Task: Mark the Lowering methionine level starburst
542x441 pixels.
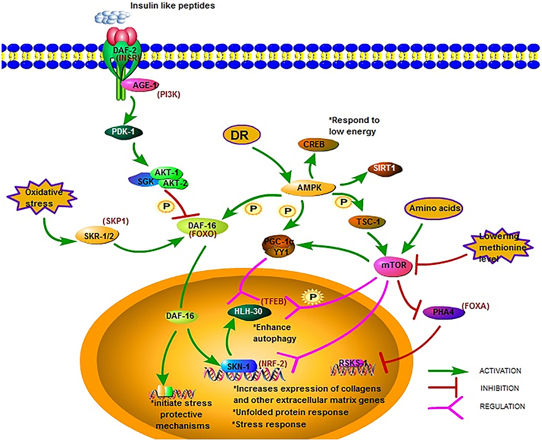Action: coord(494,246)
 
